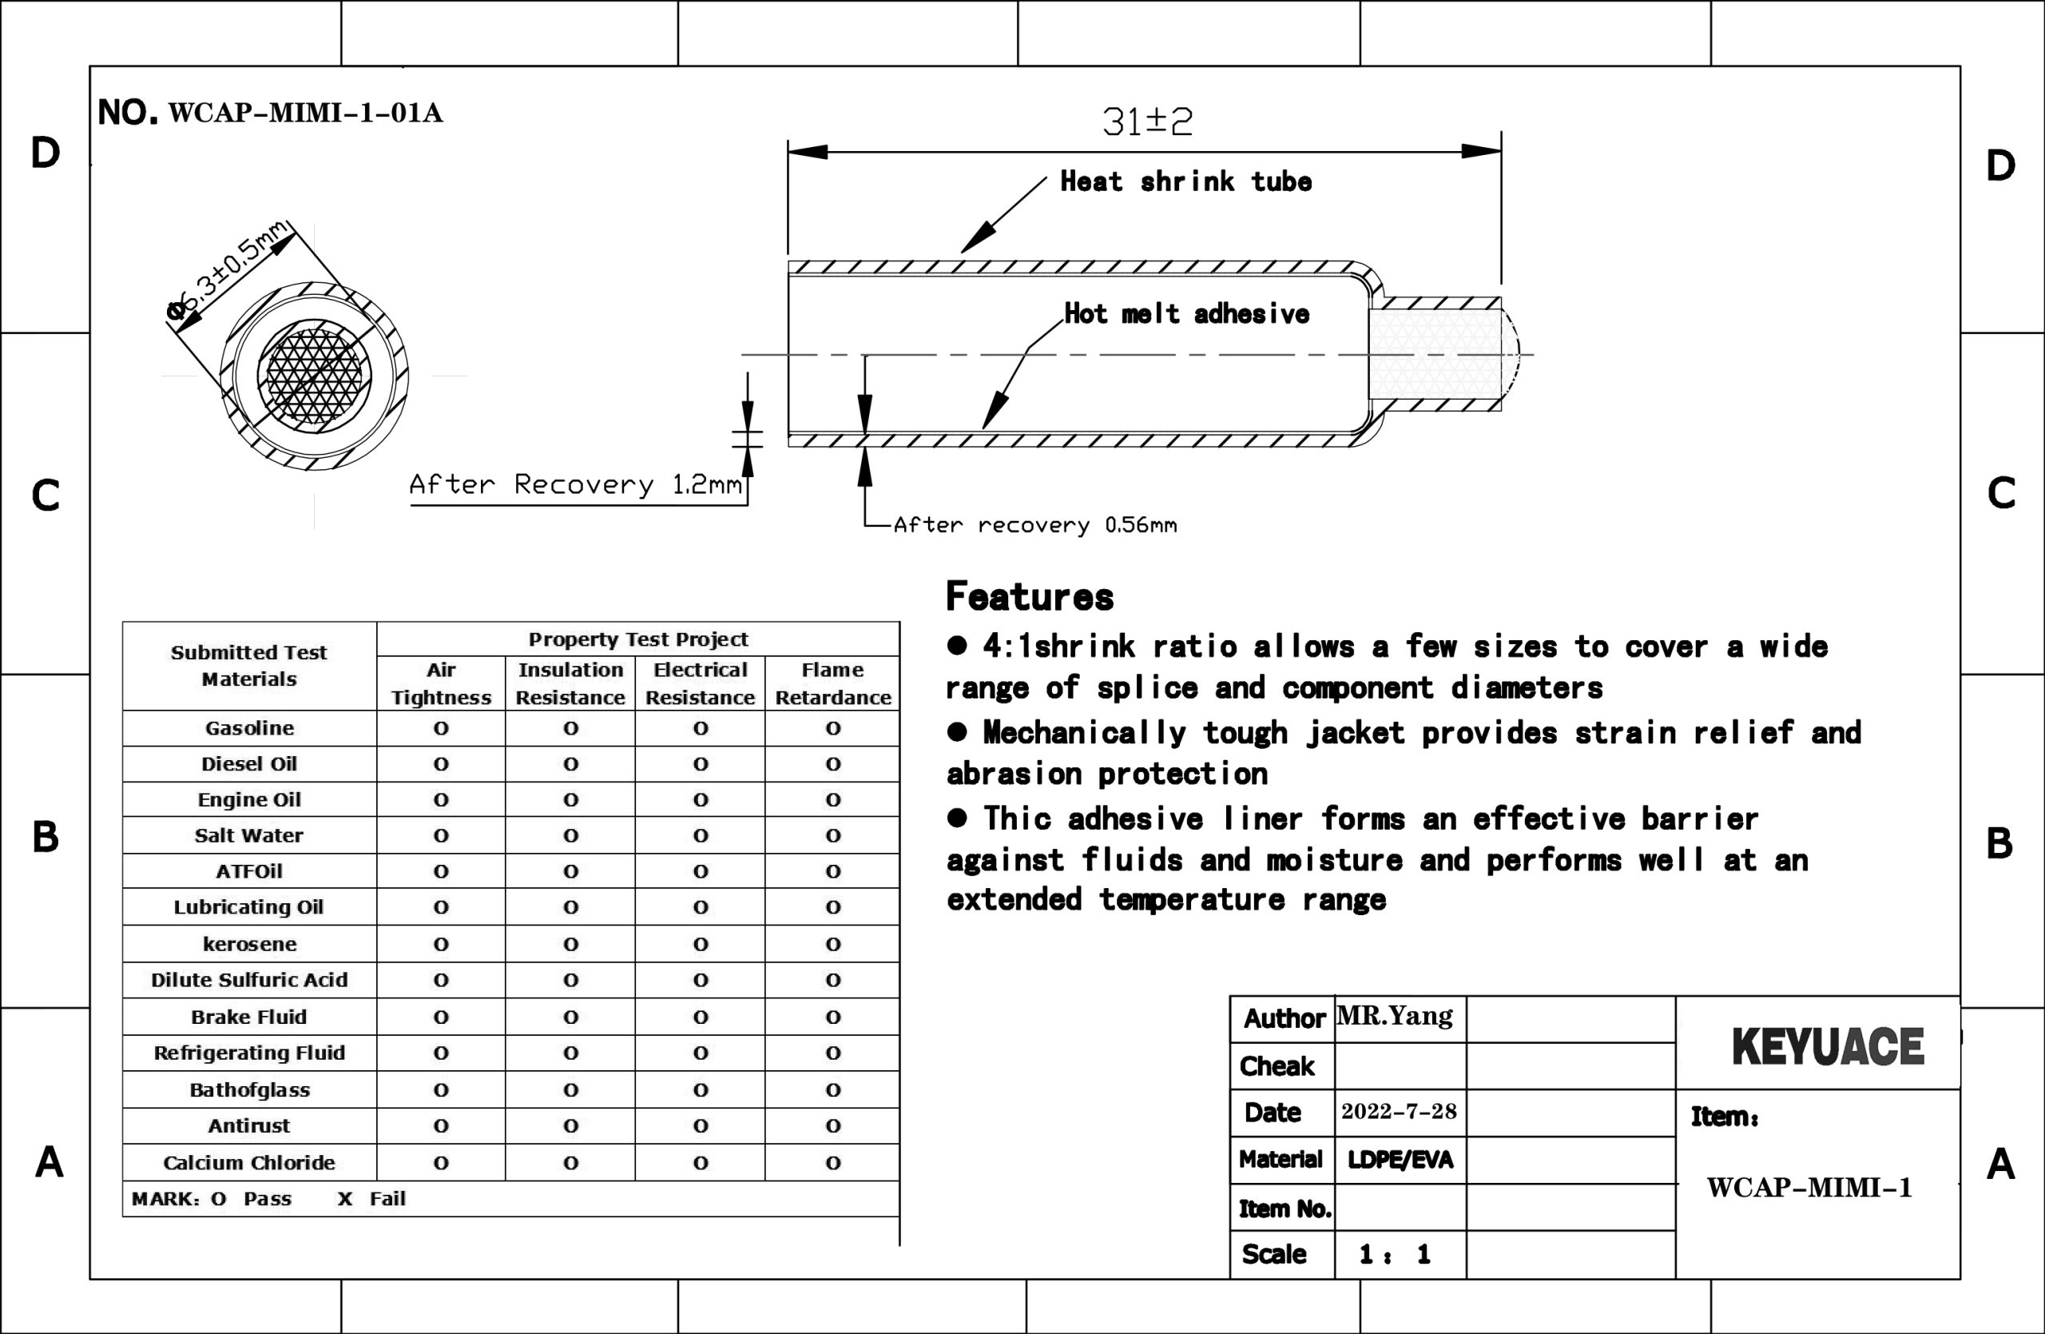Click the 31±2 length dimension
click(x=1147, y=121)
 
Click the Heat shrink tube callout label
click(x=1185, y=181)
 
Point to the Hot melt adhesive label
click(x=1186, y=314)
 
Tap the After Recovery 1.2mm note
click(x=576, y=485)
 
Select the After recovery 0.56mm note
click(x=1035, y=524)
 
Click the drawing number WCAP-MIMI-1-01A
click(x=306, y=113)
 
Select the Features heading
click(x=1030, y=596)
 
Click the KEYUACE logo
click(x=1828, y=1046)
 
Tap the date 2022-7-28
click(x=1399, y=1111)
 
